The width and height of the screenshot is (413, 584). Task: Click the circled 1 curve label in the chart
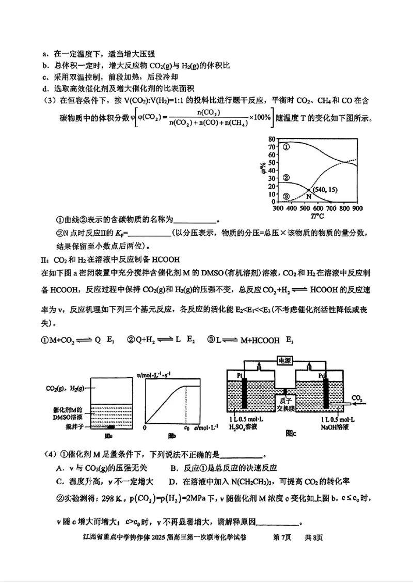point(287,147)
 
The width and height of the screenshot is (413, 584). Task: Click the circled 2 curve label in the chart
point(287,177)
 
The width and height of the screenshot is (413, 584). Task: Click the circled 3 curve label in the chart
point(287,196)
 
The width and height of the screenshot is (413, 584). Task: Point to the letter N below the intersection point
point(308,197)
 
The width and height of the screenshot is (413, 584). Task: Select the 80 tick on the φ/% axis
point(272,139)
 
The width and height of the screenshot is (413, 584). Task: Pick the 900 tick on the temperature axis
point(357,208)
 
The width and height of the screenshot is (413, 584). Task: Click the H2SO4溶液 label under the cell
point(243,427)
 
